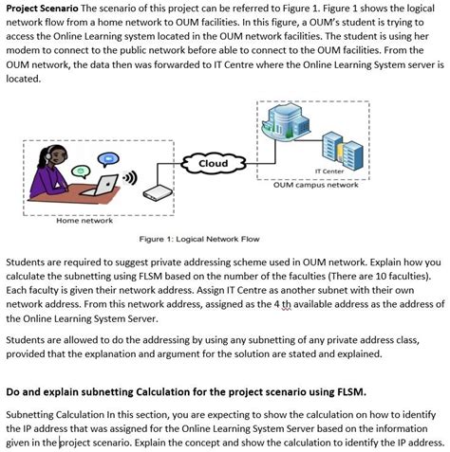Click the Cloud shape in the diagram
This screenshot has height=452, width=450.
pos(214,164)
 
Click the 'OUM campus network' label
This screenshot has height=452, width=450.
pos(309,187)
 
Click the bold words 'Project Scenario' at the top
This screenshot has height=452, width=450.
pos(42,9)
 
